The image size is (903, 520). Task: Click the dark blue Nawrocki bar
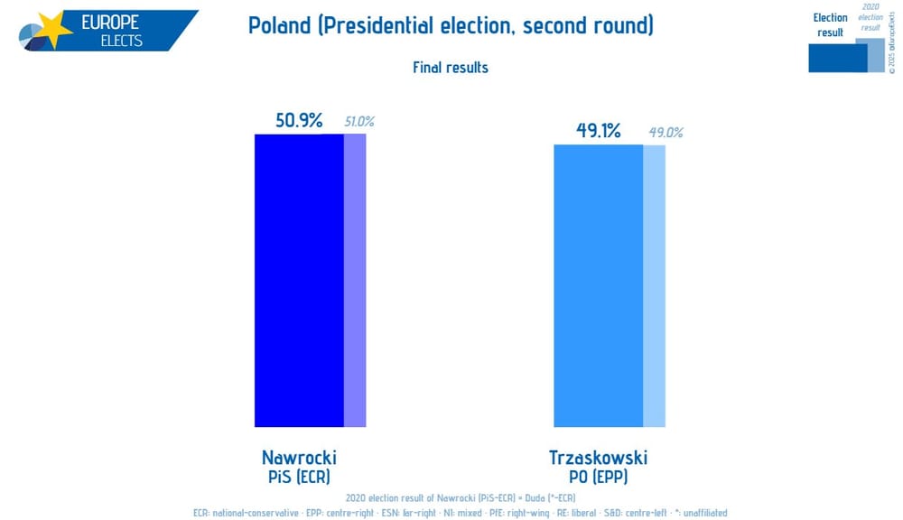coord(299,280)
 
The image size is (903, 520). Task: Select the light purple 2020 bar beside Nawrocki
coord(355,280)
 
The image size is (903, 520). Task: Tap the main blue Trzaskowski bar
coord(598,285)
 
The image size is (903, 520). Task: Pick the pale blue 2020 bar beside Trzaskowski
coord(654,285)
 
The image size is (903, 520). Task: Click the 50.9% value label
coord(299,120)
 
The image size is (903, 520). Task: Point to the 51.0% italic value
coord(358,122)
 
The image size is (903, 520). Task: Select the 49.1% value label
coord(599,131)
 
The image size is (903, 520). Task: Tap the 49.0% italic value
coord(666,133)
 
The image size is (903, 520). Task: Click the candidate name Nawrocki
coord(299,457)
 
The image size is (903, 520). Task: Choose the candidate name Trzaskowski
coord(598,457)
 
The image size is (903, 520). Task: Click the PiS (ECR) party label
coord(299,476)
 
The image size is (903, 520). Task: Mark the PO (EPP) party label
coord(598,476)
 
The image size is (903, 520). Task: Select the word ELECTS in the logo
coord(121,41)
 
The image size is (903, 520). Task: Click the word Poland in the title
coord(278,25)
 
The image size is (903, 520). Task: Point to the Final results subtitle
coord(451,68)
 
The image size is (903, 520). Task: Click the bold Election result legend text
coord(830,24)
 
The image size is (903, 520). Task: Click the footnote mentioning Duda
coord(460,498)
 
